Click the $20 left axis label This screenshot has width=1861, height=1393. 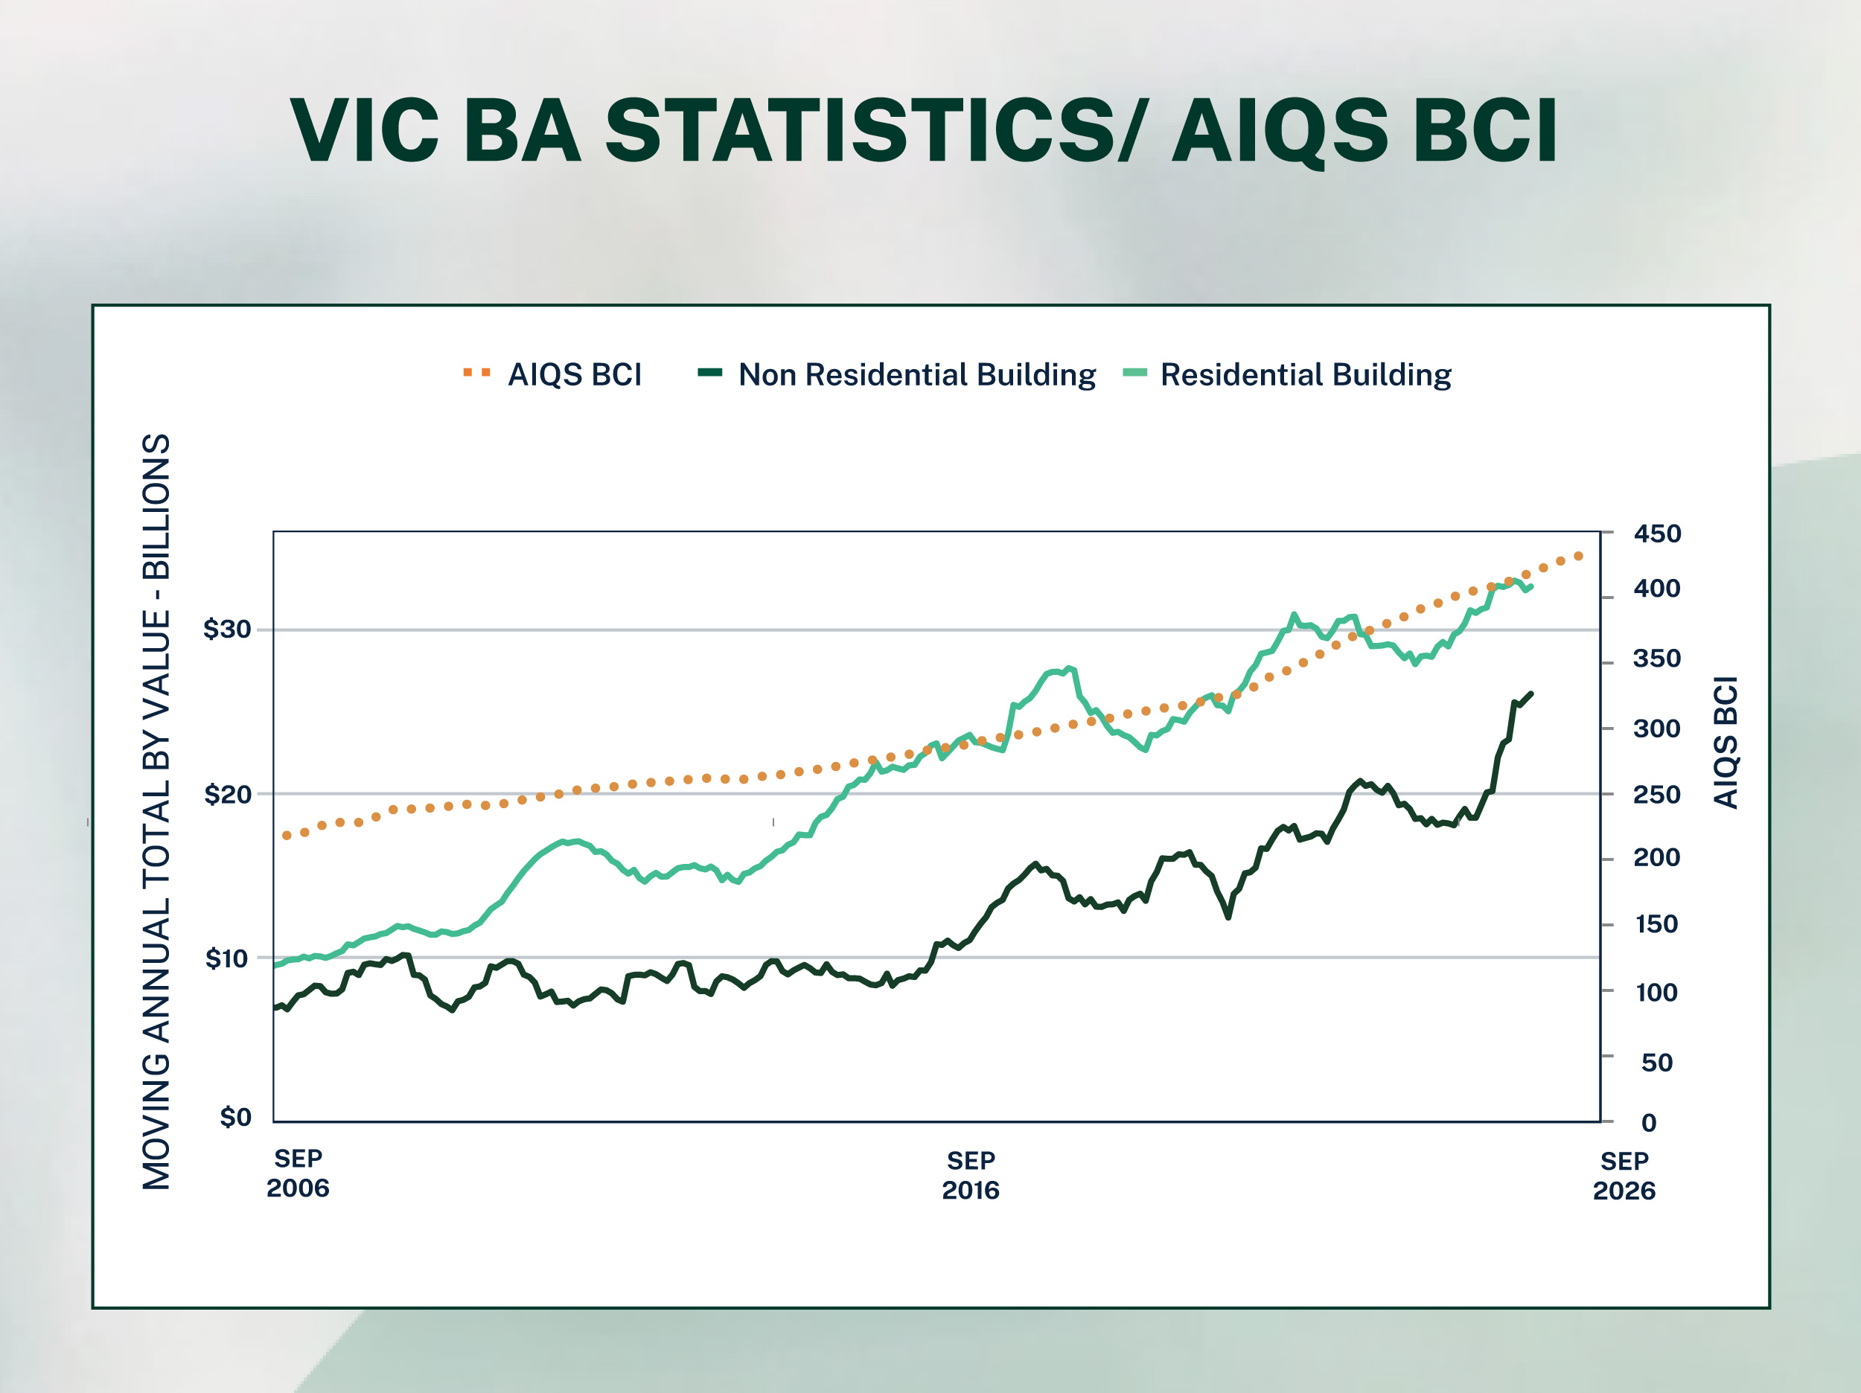click(x=227, y=794)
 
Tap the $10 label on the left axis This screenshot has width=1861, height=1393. click(x=227, y=958)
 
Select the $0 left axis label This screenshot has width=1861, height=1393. click(x=235, y=1117)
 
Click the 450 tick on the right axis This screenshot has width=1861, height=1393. click(x=1656, y=534)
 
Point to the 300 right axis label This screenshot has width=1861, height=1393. click(x=1656, y=728)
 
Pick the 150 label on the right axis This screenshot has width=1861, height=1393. click(x=1656, y=924)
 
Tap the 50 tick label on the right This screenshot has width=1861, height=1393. click(x=1656, y=1063)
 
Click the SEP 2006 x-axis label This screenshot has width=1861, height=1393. click(x=298, y=1173)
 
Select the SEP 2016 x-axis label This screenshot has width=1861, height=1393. click(x=970, y=1175)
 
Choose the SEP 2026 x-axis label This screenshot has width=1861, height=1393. click(x=1624, y=1176)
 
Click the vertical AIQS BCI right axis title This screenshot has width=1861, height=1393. click(x=1726, y=743)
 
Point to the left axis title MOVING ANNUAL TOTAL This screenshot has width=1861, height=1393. click(x=156, y=812)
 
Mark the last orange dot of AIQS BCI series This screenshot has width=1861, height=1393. click(x=1578, y=556)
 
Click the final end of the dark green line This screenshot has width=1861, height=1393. click(x=1531, y=693)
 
